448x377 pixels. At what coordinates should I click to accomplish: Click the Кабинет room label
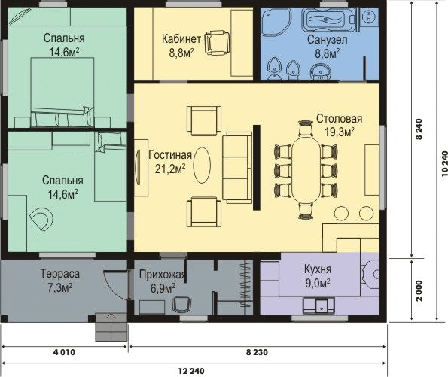click(x=181, y=38)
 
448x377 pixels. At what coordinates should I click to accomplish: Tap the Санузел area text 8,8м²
click(x=328, y=53)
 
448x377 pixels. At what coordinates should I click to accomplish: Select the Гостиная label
click(x=170, y=155)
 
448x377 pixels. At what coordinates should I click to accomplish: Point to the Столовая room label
click(x=339, y=119)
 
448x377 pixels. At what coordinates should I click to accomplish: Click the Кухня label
click(x=318, y=269)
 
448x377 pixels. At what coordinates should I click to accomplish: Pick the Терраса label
click(x=59, y=274)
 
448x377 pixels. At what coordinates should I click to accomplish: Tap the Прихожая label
click(x=163, y=275)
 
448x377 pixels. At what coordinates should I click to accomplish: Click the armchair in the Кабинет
click(x=218, y=43)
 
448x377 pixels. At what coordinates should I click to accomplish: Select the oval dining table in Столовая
click(x=306, y=169)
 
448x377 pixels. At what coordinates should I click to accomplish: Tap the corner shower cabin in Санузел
click(x=276, y=22)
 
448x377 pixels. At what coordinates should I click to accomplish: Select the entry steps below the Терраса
click(x=111, y=327)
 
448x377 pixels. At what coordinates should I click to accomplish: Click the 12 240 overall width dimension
click(x=191, y=371)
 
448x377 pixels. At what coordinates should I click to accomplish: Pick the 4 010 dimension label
click(x=64, y=352)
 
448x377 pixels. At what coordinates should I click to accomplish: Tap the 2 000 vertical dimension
click(x=419, y=290)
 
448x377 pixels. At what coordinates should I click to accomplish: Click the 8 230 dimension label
click(x=258, y=352)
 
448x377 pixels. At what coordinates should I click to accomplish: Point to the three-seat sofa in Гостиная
click(x=237, y=168)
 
